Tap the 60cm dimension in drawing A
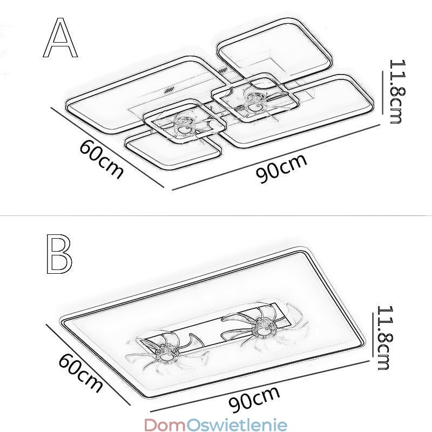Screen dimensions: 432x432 click(101, 158)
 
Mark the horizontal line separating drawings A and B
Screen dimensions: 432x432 click(216, 215)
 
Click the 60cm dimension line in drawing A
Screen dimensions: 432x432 click(108, 147)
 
